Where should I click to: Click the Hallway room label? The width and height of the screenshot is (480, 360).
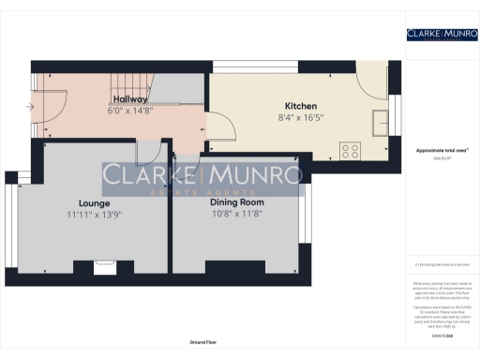coord(130,98)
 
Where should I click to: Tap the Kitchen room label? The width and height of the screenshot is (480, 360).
coord(301,106)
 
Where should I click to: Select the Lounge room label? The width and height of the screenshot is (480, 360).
coord(95,202)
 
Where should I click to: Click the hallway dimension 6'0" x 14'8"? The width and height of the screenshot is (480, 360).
coord(130,110)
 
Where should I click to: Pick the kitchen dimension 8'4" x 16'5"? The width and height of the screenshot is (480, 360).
coord(301,118)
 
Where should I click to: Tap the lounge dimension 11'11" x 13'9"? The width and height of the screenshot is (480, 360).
coord(95,214)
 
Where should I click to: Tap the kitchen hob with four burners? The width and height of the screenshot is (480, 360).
coord(352,149)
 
